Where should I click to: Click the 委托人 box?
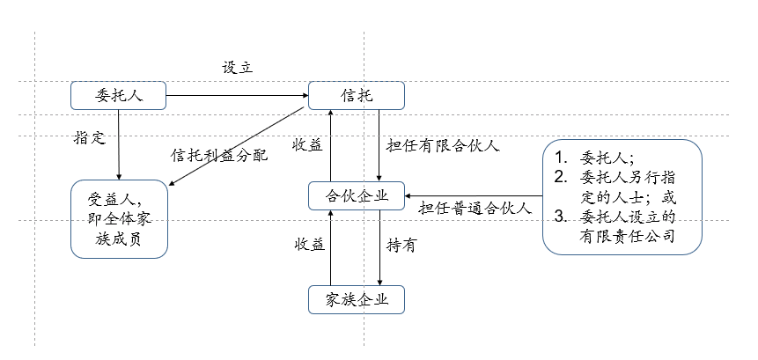[118, 95]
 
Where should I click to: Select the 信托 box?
[355, 95]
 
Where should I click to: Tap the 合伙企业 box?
[355, 195]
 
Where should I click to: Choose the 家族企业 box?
[355, 299]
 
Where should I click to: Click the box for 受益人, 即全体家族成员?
[118, 218]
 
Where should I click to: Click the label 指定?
[90, 138]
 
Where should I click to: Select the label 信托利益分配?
[218, 154]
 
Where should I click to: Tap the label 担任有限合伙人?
[443, 145]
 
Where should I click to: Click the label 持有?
[401, 246]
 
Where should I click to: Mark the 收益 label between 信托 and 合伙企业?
[308, 145]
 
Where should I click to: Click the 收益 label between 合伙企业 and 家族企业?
[308, 246]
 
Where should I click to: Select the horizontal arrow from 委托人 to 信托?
[236, 95]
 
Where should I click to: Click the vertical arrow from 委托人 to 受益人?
[118, 143]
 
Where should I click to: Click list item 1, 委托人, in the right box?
[601, 158]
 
